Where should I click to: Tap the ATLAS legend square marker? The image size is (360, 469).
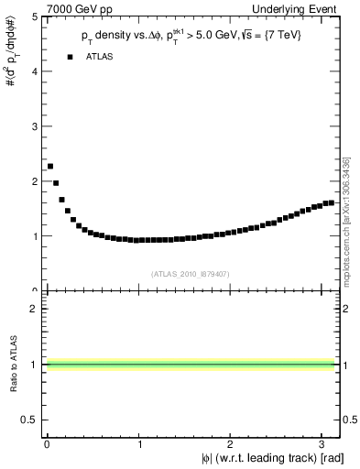point(70,57)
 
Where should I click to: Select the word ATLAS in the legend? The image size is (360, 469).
point(100,57)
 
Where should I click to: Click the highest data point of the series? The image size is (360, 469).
point(49,166)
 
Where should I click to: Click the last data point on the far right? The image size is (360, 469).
point(331,202)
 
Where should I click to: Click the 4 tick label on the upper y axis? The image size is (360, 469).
point(36,71)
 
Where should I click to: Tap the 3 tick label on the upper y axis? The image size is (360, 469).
point(36,126)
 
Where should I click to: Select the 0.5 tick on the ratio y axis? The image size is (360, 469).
point(31,420)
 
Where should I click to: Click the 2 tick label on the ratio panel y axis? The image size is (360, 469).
point(36,309)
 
